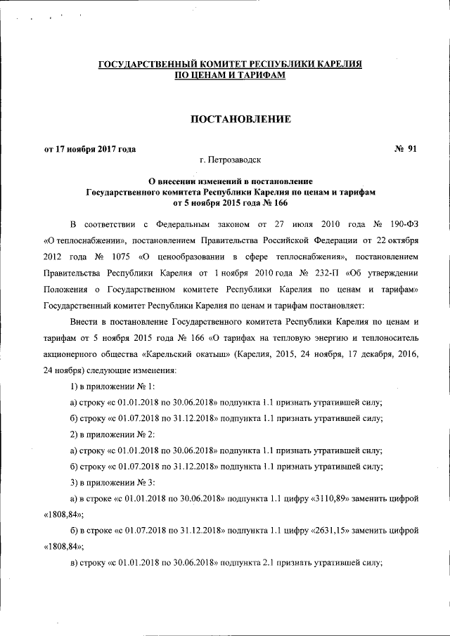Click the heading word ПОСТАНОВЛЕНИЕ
[x=231, y=119]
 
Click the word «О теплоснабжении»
[x=84, y=238]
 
